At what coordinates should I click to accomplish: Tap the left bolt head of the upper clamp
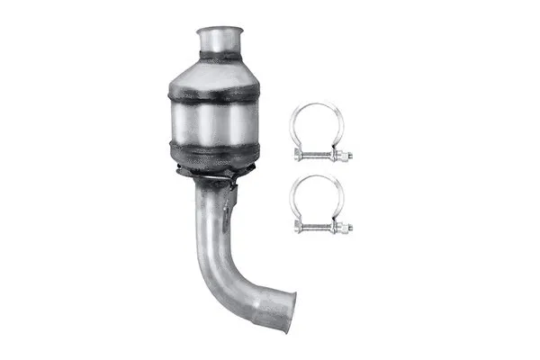(298, 155)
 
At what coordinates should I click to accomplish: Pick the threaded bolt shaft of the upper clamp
(319, 156)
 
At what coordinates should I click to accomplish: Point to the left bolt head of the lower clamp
(298, 227)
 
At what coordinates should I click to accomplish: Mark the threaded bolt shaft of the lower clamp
(319, 227)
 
